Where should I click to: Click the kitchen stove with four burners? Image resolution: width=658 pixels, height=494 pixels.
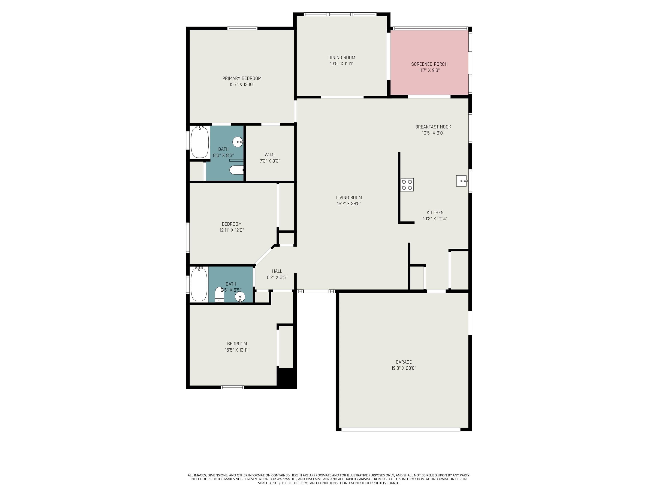[x=407, y=185]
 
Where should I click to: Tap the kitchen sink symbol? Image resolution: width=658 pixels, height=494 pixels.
[x=462, y=181]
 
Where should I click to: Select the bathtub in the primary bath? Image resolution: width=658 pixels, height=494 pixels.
[x=200, y=142]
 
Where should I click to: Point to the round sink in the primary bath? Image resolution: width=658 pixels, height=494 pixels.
[x=238, y=142]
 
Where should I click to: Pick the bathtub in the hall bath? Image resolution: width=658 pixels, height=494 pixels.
[x=199, y=284]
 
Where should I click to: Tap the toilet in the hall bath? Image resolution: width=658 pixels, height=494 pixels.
[x=220, y=295]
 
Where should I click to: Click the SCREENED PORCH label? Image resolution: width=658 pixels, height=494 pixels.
[x=429, y=64]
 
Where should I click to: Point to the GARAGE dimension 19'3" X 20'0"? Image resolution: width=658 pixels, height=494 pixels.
[x=404, y=368]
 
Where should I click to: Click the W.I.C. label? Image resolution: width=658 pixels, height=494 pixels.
[x=270, y=155]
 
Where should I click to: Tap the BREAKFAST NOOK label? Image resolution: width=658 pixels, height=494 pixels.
[x=433, y=127]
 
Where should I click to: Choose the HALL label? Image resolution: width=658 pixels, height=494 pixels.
[x=277, y=271]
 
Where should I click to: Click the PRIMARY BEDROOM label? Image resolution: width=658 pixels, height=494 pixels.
[x=242, y=78]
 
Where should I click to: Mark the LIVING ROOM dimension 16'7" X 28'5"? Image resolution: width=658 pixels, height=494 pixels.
[x=349, y=204]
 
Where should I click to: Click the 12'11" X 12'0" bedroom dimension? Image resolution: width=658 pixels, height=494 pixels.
[x=232, y=230]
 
